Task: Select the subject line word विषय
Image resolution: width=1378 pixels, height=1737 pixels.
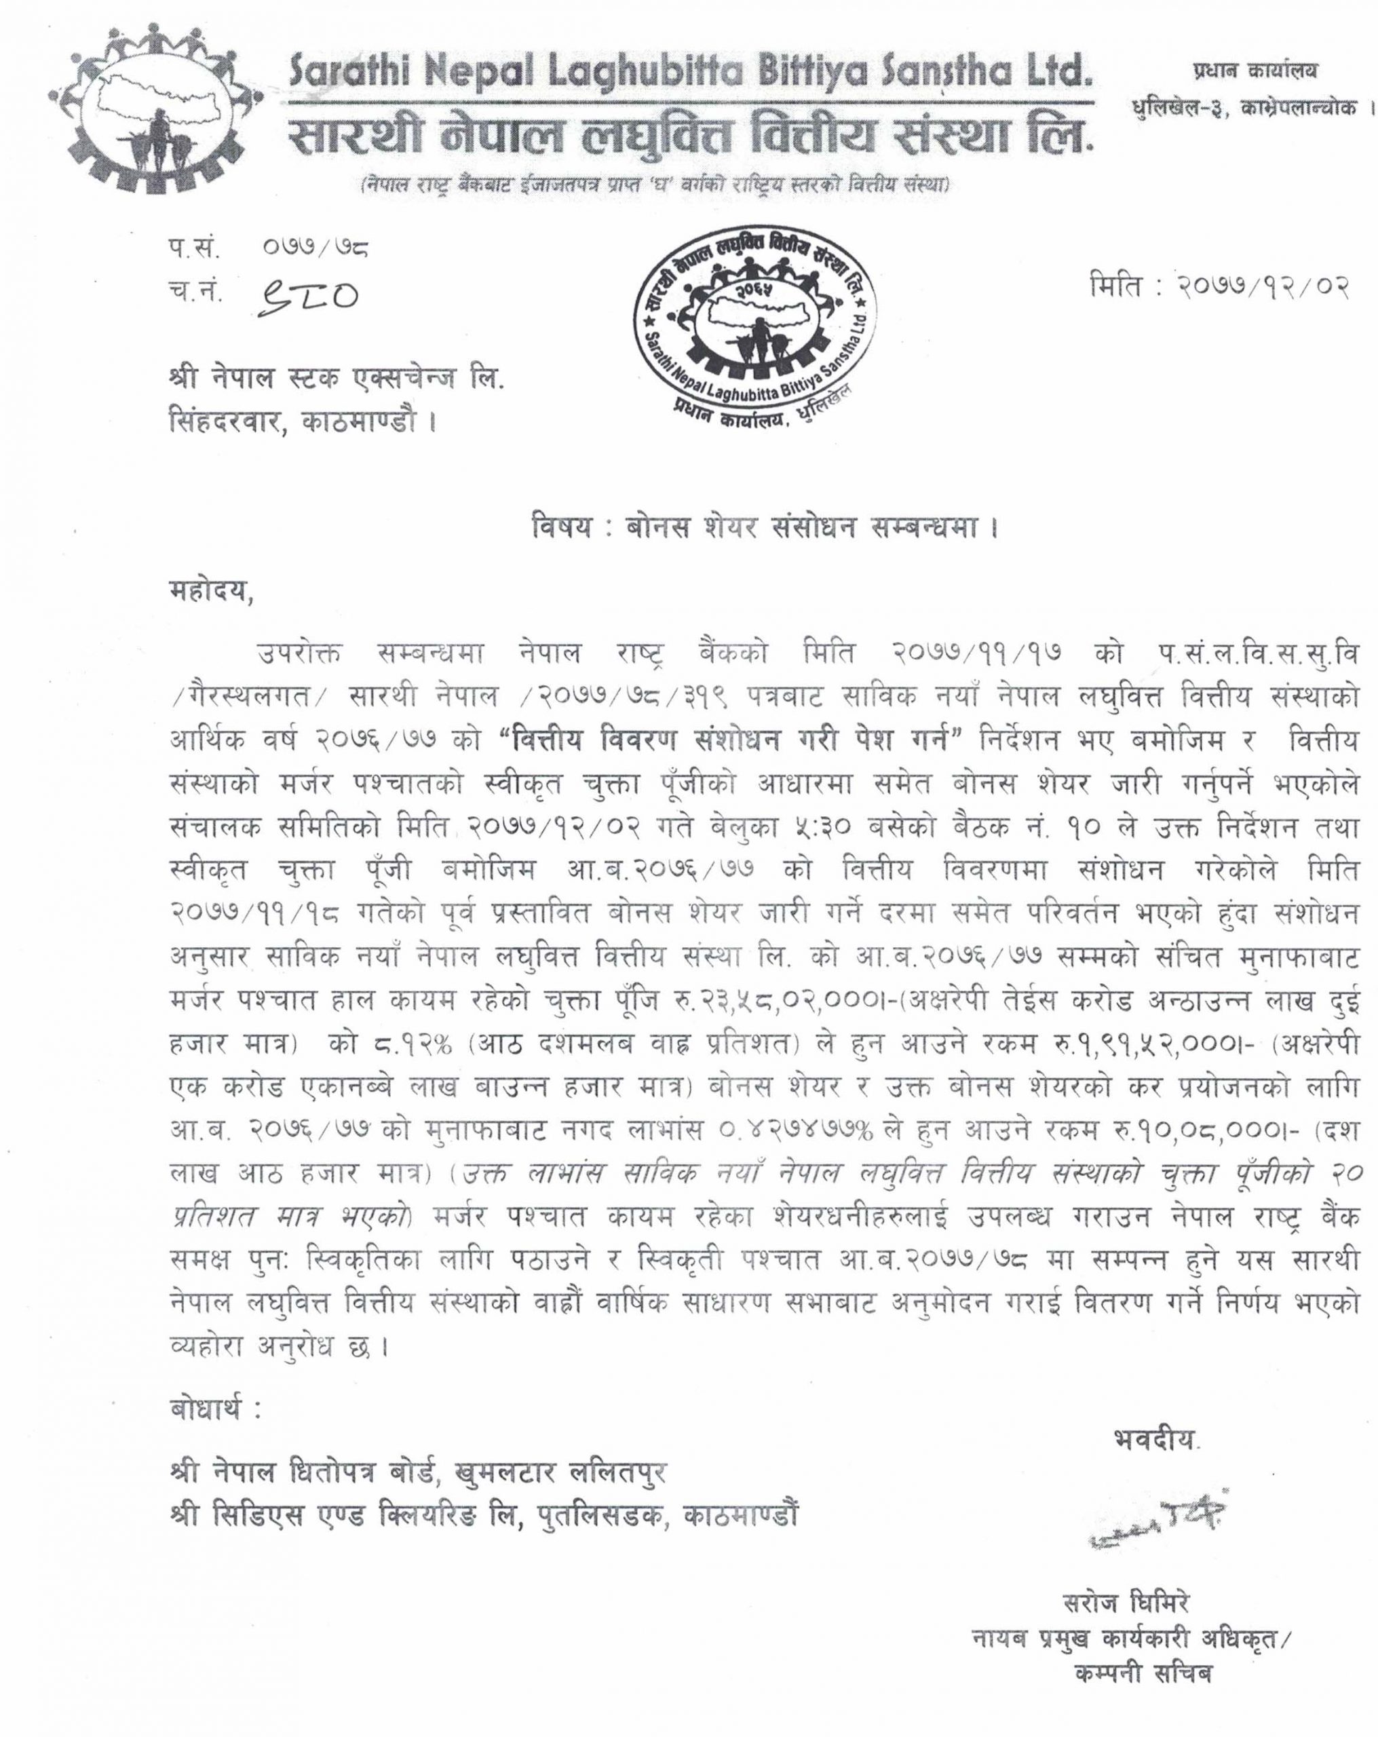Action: pyautogui.click(x=562, y=529)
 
